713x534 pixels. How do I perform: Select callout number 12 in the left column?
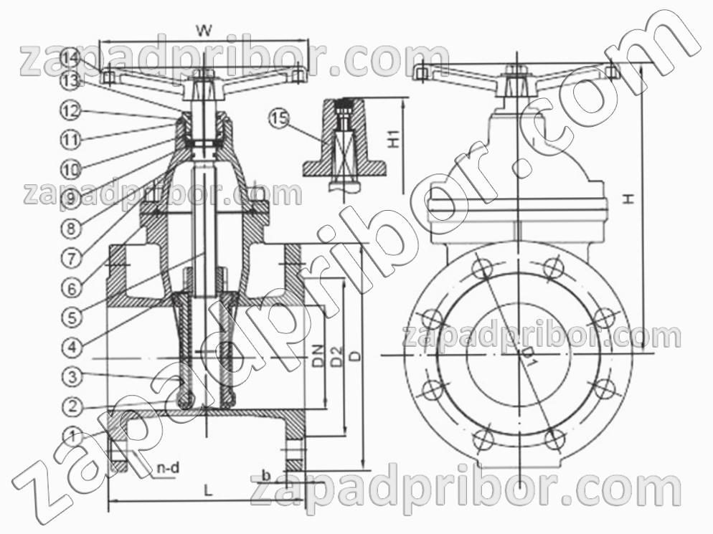click(x=72, y=110)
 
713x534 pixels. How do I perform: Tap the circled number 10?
click(x=72, y=170)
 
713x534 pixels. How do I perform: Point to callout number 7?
click(x=72, y=258)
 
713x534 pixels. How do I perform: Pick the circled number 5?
click(x=72, y=317)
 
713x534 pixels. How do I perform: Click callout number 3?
click(x=72, y=376)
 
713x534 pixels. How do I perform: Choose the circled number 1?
click(x=72, y=437)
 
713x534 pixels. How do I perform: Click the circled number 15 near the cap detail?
click(x=279, y=119)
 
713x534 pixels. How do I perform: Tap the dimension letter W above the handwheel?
click(x=204, y=30)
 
